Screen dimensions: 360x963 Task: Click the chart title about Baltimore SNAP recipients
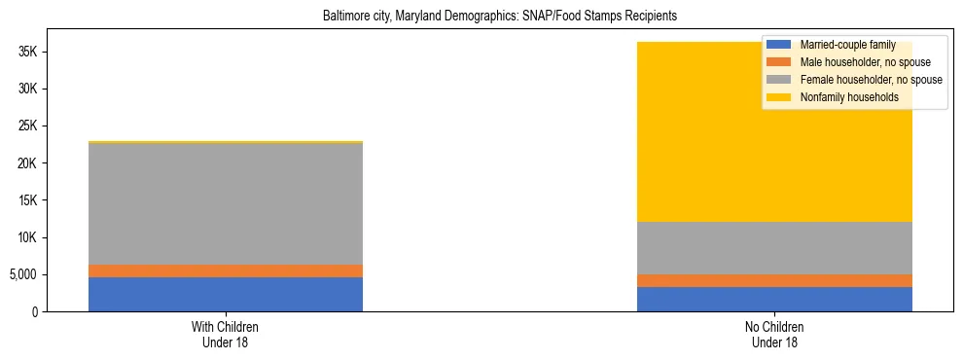499,17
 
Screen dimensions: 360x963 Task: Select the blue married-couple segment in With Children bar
226,294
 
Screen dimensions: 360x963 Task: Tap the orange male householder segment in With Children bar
226,270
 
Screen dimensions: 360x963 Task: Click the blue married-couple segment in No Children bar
774,299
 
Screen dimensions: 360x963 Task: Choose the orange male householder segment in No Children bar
774,280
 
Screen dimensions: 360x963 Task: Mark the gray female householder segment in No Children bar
774,248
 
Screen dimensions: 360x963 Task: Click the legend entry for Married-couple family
847,45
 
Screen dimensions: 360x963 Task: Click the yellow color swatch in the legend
779,97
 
